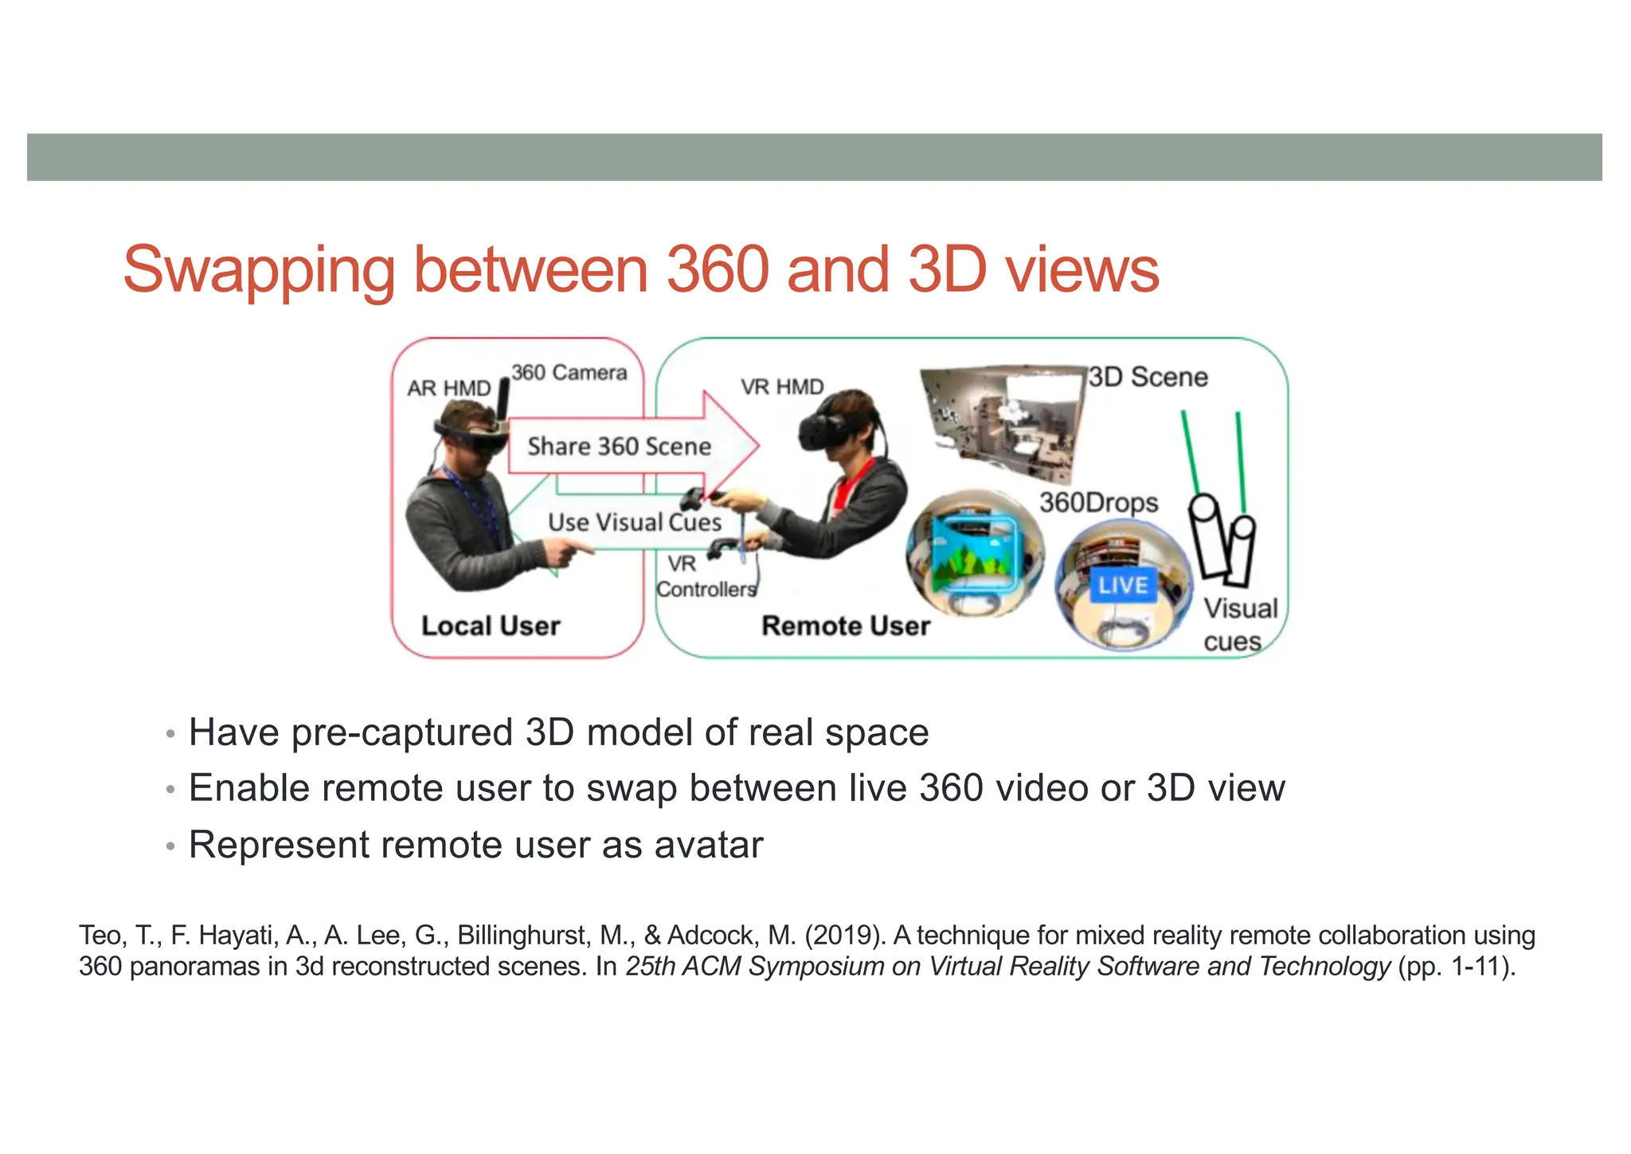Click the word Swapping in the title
[x=259, y=271]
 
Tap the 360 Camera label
[x=569, y=373]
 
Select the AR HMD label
[x=448, y=388]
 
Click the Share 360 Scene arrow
[x=620, y=446]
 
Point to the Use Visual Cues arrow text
[x=634, y=523]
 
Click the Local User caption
[x=491, y=626]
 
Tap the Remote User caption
[x=846, y=626]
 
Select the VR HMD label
[x=782, y=387]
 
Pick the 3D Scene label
[x=1148, y=377]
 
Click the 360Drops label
[x=1098, y=503]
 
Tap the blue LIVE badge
[x=1123, y=586]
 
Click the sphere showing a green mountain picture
[x=975, y=553]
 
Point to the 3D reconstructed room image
[x=1003, y=422]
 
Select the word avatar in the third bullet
[x=709, y=845]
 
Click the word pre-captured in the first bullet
[x=402, y=732]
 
